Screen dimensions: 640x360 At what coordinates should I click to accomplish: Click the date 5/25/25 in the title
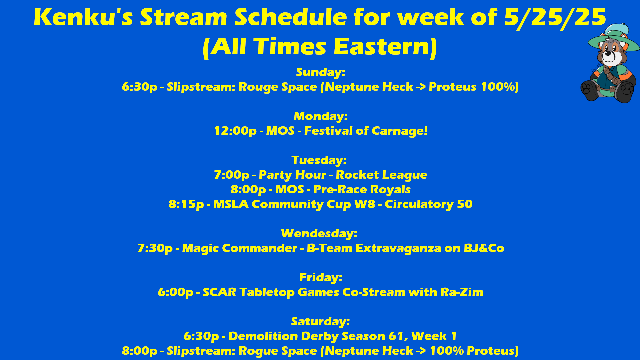[555, 17]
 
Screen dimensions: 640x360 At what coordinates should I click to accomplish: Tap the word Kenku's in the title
[83, 17]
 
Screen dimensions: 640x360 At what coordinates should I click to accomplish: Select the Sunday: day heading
[320, 72]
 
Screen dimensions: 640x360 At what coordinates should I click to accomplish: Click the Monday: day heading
[320, 116]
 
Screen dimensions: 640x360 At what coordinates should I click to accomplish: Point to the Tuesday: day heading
[319, 160]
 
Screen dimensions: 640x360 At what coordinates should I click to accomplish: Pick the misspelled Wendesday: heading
[319, 233]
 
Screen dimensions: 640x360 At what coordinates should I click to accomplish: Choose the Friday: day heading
[321, 277]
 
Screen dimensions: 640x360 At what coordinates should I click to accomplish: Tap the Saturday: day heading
[320, 322]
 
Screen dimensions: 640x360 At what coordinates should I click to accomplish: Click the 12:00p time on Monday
[235, 131]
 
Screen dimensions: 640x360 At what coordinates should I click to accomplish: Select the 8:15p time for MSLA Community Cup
[186, 204]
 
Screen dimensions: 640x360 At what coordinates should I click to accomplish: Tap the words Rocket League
[381, 175]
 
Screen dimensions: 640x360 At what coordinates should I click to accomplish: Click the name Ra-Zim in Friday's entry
[462, 292]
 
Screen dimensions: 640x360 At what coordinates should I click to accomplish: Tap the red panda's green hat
[613, 38]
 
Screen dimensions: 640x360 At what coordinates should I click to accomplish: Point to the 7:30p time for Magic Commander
[155, 248]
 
